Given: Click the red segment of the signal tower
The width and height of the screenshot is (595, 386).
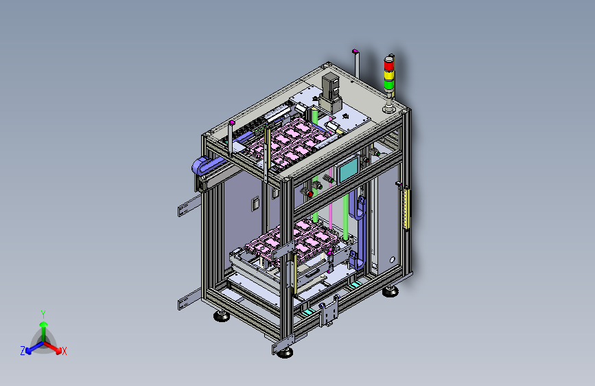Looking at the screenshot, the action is pos(389,65).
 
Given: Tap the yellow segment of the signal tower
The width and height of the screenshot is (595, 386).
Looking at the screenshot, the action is pos(389,75).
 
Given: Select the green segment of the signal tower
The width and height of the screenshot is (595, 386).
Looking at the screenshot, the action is pos(389,84).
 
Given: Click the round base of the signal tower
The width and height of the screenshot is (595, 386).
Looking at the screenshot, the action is pos(389,109).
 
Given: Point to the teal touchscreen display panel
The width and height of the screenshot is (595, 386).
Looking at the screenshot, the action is pos(349,170).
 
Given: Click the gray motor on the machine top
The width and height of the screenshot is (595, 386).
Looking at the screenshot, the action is pos(330,93).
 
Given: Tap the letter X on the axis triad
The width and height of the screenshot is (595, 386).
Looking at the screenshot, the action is pos(64,351).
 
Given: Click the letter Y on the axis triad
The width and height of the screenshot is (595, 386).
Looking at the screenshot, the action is pos(43,315).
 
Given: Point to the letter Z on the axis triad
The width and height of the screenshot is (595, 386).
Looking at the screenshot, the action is pos(23,351).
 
